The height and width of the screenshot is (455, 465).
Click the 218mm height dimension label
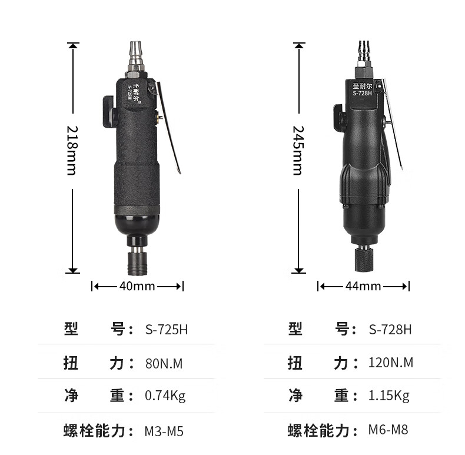[72, 151]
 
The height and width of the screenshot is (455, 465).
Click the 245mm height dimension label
[298, 151]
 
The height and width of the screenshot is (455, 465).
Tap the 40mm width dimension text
[137, 286]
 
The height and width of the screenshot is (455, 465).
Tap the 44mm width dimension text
[363, 286]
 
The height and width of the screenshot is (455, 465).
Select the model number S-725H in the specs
[167, 330]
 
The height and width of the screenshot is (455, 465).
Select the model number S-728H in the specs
[390, 330]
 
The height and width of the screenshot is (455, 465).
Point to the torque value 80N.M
[164, 364]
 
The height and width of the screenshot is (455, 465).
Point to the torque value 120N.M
[391, 363]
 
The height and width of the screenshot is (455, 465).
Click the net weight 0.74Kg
[165, 396]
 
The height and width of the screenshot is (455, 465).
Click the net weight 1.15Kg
[389, 396]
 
